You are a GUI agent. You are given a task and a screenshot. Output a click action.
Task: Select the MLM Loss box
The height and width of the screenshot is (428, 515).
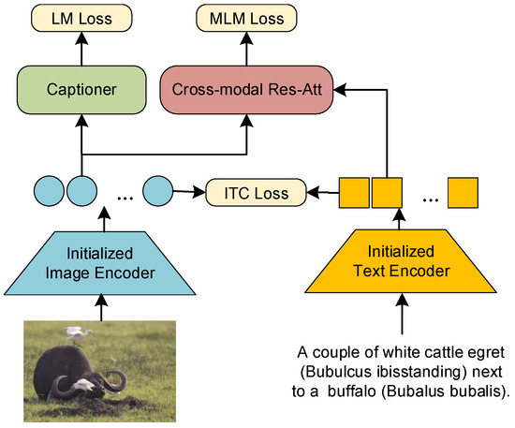tap(247, 16)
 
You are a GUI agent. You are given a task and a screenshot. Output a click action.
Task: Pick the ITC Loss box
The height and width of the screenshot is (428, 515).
tap(256, 193)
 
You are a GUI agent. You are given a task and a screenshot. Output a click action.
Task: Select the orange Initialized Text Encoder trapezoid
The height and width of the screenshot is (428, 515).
tap(402, 258)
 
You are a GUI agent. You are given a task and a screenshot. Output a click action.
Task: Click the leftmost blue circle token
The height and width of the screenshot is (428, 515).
tap(48, 193)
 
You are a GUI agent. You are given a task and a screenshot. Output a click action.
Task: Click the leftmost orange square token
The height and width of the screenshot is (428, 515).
tap(353, 193)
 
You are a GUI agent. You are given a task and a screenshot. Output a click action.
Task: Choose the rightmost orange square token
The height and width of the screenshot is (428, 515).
tap(463, 193)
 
